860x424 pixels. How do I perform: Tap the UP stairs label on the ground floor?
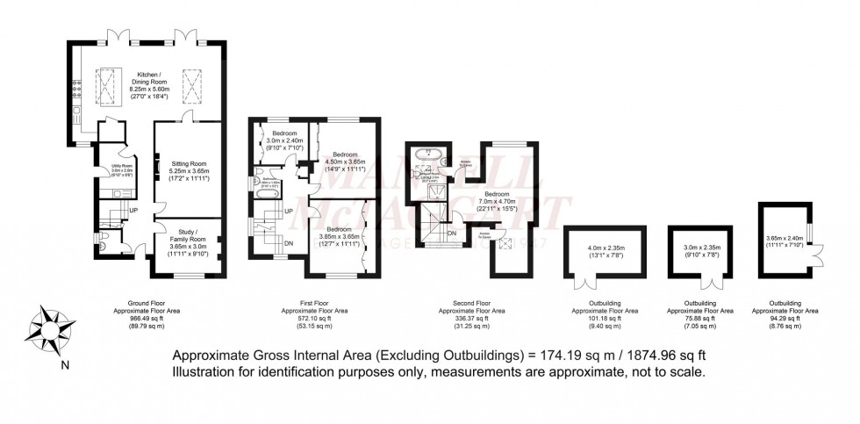pos(133,210)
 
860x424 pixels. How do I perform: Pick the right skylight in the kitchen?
pos(192,86)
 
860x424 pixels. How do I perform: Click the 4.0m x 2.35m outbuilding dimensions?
pos(606,252)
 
